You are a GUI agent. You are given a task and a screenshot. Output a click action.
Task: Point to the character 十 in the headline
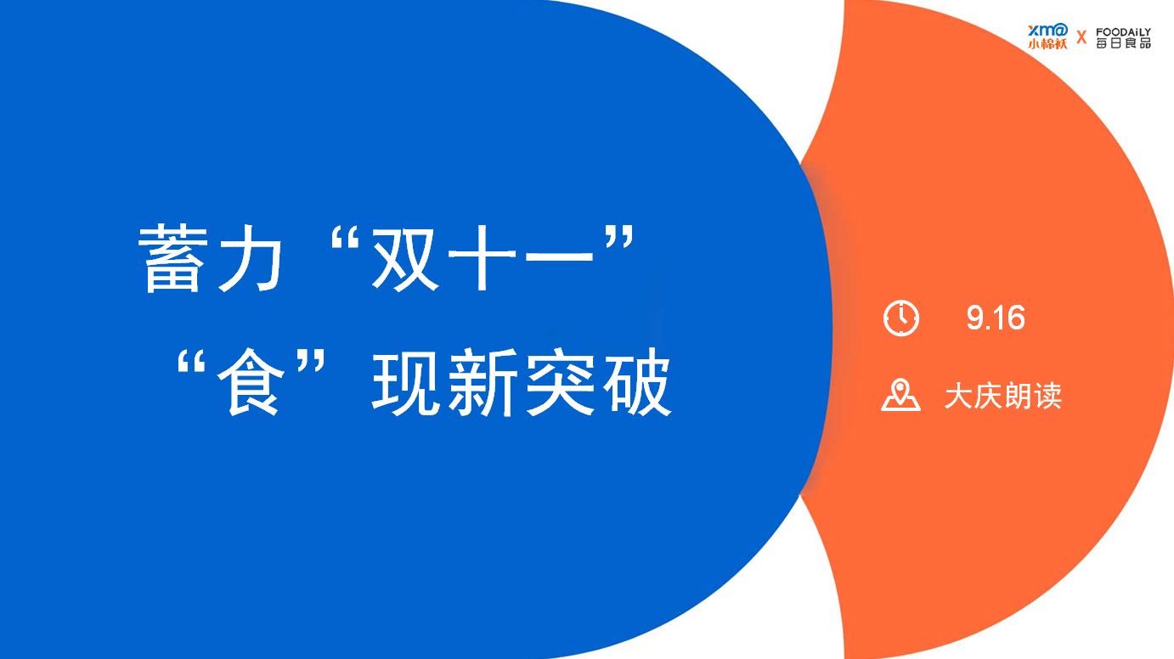pyautogui.click(x=483, y=258)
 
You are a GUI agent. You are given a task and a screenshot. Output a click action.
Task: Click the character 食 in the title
pyautogui.click(x=251, y=382)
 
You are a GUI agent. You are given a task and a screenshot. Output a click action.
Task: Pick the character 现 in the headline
pyautogui.click(x=405, y=382)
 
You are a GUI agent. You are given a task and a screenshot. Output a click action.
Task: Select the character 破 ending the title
pyautogui.click(x=637, y=382)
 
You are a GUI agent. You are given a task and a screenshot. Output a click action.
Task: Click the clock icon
pyautogui.click(x=901, y=318)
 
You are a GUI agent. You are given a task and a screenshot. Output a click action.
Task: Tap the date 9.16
pyautogui.click(x=996, y=318)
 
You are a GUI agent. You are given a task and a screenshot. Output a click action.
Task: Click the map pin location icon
pyautogui.click(x=900, y=396)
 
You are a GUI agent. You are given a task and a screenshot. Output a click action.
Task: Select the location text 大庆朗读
pyautogui.click(x=1003, y=396)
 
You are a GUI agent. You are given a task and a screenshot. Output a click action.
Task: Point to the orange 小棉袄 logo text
pyautogui.click(x=1047, y=44)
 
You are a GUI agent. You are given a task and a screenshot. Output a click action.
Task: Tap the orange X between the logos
pyautogui.click(x=1081, y=37)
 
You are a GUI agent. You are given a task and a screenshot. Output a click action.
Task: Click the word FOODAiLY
pyautogui.click(x=1123, y=32)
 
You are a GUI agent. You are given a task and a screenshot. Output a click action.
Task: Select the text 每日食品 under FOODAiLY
pyautogui.click(x=1123, y=43)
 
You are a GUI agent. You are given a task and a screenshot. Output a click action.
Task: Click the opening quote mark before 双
pyautogui.click(x=344, y=239)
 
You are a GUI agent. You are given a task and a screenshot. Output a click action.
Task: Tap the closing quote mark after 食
pyautogui.click(x=311, y=362)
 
